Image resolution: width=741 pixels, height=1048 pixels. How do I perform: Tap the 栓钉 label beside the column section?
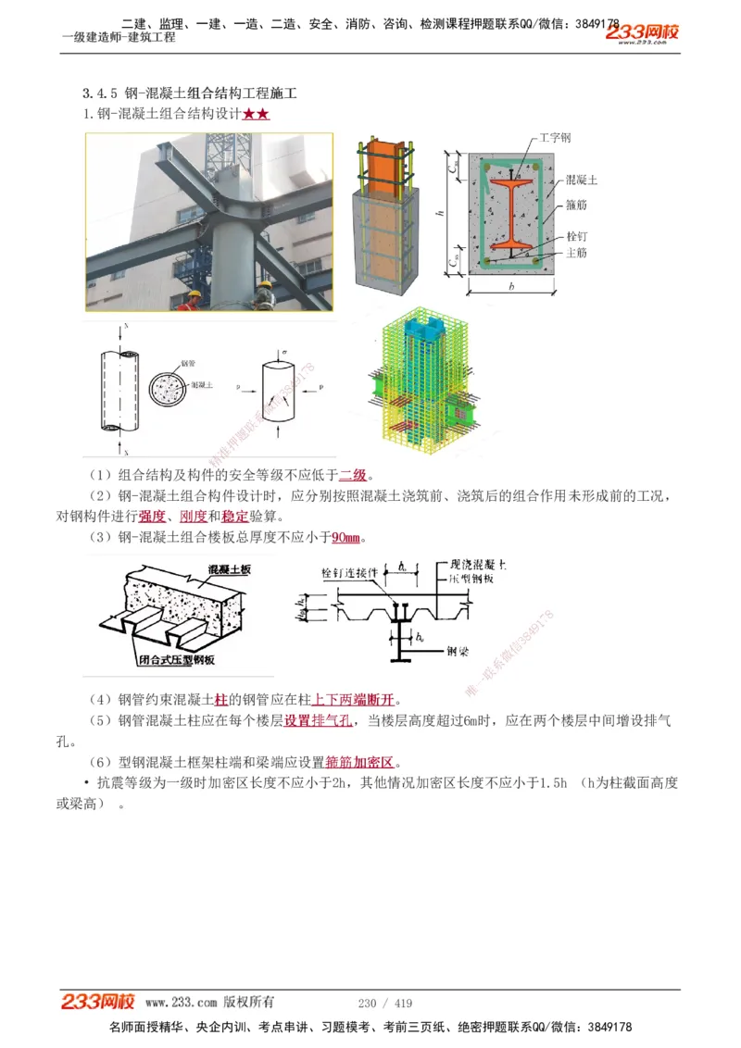575,236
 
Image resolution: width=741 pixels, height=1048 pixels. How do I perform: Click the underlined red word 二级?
353,476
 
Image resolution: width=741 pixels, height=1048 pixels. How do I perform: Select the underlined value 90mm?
345,538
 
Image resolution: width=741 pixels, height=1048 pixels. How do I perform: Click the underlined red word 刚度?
193,517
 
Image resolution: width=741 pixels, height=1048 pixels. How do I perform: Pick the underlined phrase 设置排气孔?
318,720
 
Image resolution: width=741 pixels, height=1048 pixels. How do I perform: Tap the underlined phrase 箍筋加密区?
360,763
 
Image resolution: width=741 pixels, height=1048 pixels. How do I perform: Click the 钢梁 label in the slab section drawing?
458,650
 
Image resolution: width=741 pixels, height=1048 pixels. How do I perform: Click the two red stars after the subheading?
256,114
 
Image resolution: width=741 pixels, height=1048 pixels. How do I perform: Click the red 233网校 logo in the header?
642,33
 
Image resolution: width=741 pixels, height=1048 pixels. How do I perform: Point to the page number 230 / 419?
384,1004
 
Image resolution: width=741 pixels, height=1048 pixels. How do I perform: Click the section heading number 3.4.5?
100,94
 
